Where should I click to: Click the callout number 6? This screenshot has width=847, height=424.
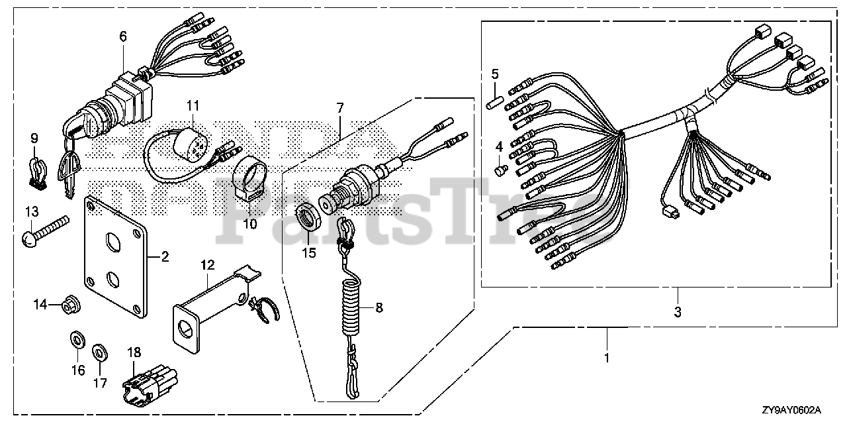[123, 37]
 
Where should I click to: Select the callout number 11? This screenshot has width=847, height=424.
[192, 105]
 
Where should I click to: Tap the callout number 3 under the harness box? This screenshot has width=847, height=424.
[678, 311]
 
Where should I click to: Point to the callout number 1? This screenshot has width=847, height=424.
[607, 358]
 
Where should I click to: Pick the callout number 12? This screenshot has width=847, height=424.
[208, 265]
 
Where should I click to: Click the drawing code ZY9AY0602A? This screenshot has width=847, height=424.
[799, 411]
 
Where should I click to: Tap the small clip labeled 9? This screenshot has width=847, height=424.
[36, 171]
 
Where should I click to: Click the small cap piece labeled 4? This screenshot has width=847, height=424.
[502, 170]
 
